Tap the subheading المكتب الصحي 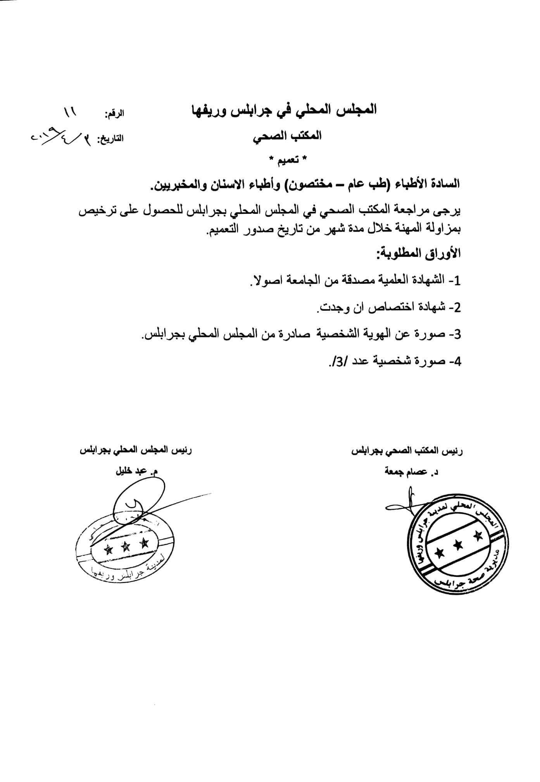[287, 136]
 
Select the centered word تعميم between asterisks [288, 160]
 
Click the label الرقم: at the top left [114, 114]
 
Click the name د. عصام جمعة [411, 472]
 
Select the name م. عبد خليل [137, 472]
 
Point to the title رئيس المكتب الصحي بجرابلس [407, 451]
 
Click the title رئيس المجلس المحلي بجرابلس [136, 451]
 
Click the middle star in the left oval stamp [125, 546]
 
